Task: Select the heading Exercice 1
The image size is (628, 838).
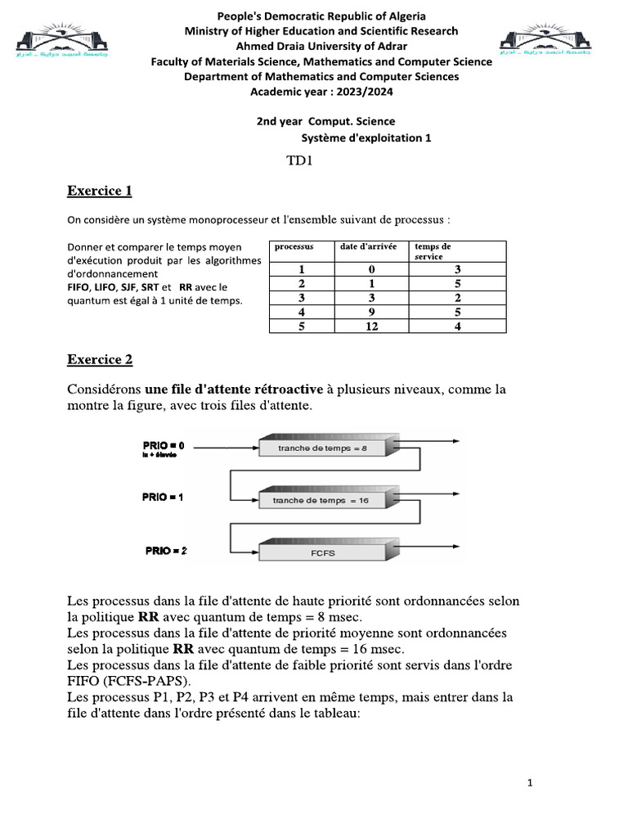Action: pos(99,191)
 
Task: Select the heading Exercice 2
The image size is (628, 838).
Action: pos(99,359)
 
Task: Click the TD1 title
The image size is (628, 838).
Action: pos(300,160)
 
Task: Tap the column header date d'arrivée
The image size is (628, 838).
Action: pos(362,246)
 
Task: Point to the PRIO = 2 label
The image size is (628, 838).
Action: pos(166,552)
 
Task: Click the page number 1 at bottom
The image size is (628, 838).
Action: pos(530,783)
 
